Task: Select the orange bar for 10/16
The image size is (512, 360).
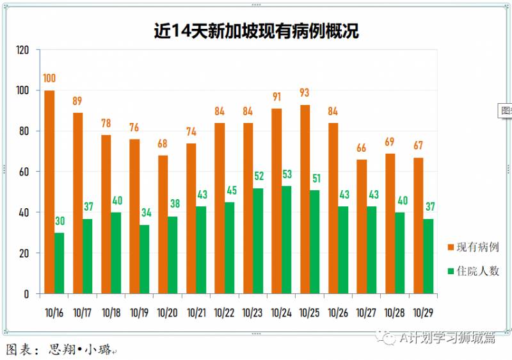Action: coord(49,192)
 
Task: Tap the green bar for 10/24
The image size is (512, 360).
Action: coord(286,240)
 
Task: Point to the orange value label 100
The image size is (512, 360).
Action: coord(49,79)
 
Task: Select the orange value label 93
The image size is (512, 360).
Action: coord(304,94)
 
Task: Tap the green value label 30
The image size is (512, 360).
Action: coord(59,222)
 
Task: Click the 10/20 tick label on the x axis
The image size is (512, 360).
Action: coord(167,313)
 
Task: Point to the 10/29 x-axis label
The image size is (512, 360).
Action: coord(422,313)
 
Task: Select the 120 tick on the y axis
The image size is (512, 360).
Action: coord(23,50)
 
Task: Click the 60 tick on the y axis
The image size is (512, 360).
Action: coord(25,172)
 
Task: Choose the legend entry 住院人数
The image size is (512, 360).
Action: coord(474,271)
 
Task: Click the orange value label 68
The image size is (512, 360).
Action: coord(163,144)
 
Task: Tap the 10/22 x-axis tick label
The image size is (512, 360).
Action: coord(224,313)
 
